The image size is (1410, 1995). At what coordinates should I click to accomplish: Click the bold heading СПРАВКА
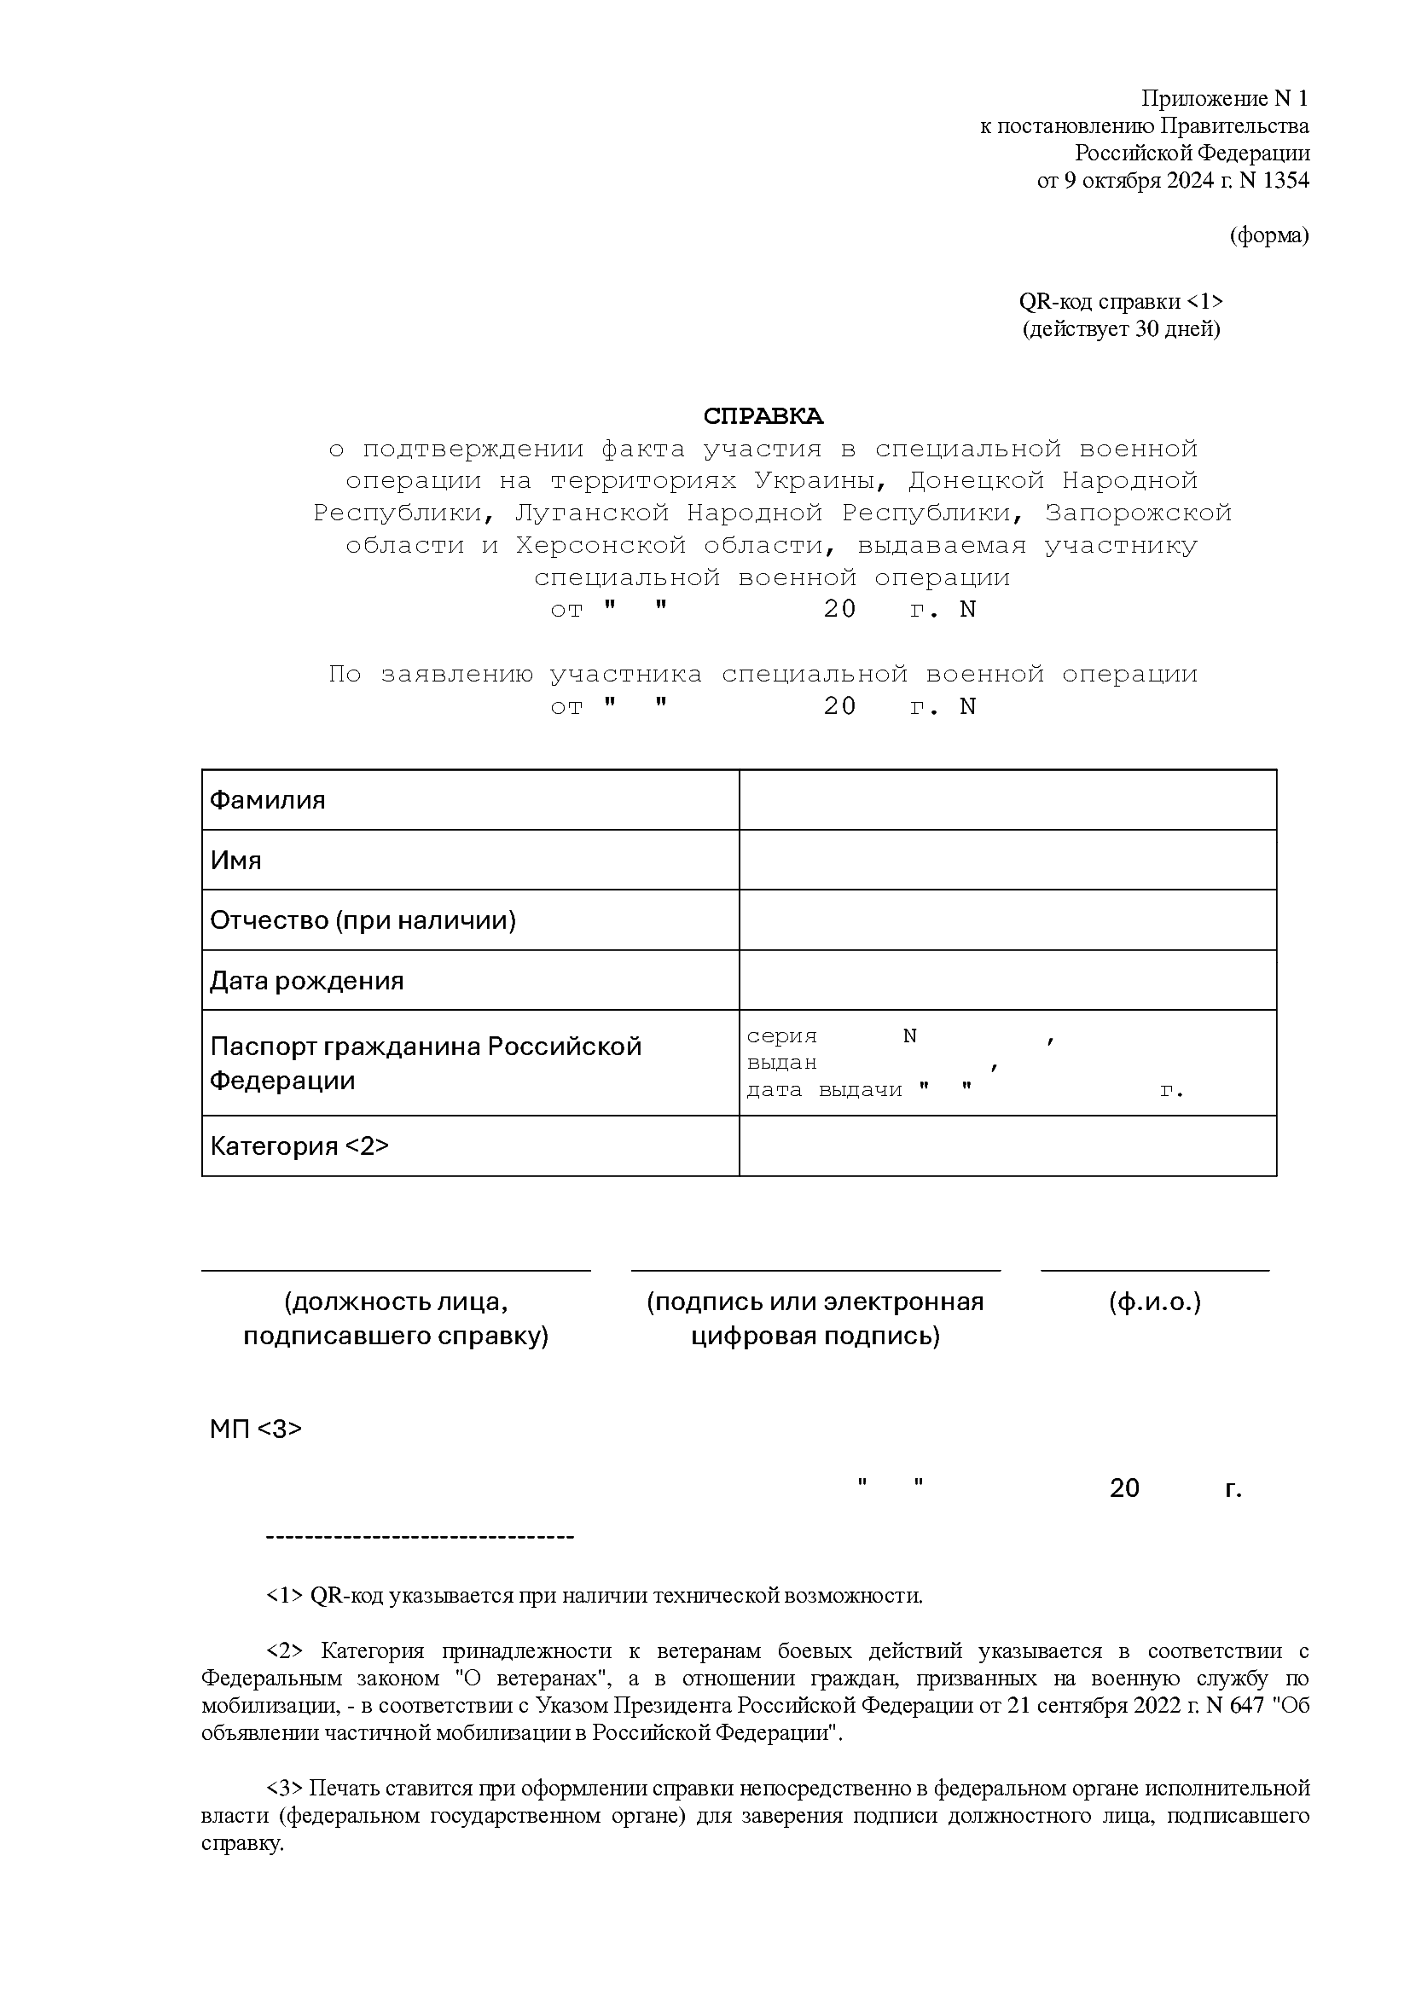tap(763, 416)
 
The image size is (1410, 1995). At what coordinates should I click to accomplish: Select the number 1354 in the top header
tap(1285, 181)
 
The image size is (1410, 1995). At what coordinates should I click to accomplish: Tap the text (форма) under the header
tap(1268, 235)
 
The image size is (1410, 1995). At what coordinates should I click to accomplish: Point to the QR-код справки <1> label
tap(1121, 301)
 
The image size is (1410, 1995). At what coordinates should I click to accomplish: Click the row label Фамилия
tap(268, 799)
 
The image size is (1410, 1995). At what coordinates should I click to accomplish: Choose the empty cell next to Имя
tap(1007, 860)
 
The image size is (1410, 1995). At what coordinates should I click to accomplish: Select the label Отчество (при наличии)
tap(363, 919)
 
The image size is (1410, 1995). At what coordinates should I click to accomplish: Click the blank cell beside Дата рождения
tap(1007, 979)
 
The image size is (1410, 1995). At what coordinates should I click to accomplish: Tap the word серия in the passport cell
tap(782, 1035)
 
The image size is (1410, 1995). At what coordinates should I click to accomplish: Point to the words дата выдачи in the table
tap(824, 1089)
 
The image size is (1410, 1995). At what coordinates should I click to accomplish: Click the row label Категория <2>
tap(299, 1146)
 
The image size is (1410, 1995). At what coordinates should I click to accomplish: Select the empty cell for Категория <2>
tap(1007, 1146)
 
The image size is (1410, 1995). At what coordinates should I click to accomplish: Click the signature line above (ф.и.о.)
tap(1155, 1270)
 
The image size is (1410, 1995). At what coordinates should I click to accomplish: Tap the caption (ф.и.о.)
tap(1155, 1302)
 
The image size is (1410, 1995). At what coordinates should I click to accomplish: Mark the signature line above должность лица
tap(395, 1270)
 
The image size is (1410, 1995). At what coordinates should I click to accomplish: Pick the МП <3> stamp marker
tap(255, 1429)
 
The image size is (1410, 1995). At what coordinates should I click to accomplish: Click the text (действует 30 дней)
tap(1121, 329)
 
